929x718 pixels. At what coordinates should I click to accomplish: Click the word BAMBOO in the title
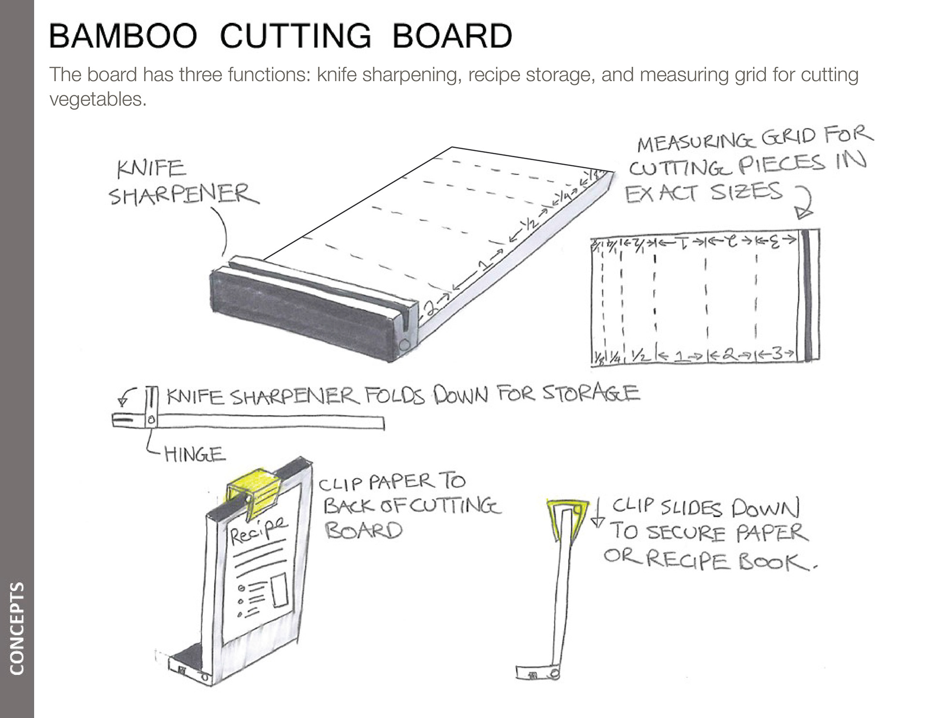(123, 36)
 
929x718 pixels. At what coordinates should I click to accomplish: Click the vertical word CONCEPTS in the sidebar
(16, 628)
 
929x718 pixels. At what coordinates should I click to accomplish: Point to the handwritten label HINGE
(195, 454)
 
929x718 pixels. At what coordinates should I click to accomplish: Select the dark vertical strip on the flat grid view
(808, 295)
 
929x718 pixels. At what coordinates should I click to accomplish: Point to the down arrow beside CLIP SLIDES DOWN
(598, 516)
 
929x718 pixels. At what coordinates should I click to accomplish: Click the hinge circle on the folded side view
(151, 420)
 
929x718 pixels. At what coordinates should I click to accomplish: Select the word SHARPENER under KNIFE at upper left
(183, 194)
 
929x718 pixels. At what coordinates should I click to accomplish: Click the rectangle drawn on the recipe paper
(280, 589)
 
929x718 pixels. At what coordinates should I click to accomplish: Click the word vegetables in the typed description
(97, 99)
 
